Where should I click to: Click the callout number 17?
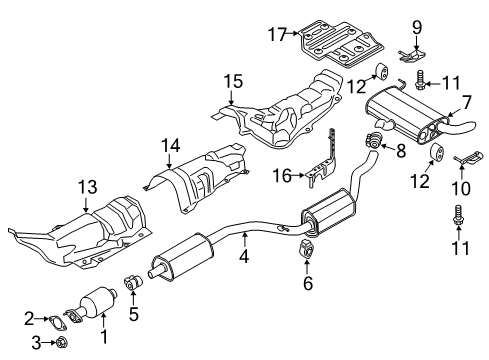pyautogui.click(x=278, y=34)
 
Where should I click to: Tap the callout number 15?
pyautogui.click(x=233, y=82)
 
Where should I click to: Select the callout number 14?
pyautogui.click(x=171, y=146)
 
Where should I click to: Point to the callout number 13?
pyautogui.click(x=88, y=187)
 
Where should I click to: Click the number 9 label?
pyautogui.click(x=417, y=27)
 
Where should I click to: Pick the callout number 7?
pyautogui.click(x=466, y=102)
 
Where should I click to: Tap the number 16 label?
pyautogui.click(x=282, y=176)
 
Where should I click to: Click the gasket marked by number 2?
pyautogui.click(x=56, y=322)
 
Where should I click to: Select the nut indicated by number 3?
pyautogui.click(x=61, y=342)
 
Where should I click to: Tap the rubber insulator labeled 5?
pyautogui.click(x=133, y=283)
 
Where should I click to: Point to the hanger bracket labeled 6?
pyautogui.click(x=306, y=249)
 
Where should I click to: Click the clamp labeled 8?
pyautogui.click(x=374, y=139)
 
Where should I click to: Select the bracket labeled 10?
pyautogui.click(x=469, y=158)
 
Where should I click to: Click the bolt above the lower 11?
pyautogui.click(x=458, y=215)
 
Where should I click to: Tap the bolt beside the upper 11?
pyautogui.click(x=420, y=80)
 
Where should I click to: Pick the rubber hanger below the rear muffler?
pyautogui.click(x=436, y=152)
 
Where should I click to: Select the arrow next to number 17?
pyautogui.click(x=293, y=33)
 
